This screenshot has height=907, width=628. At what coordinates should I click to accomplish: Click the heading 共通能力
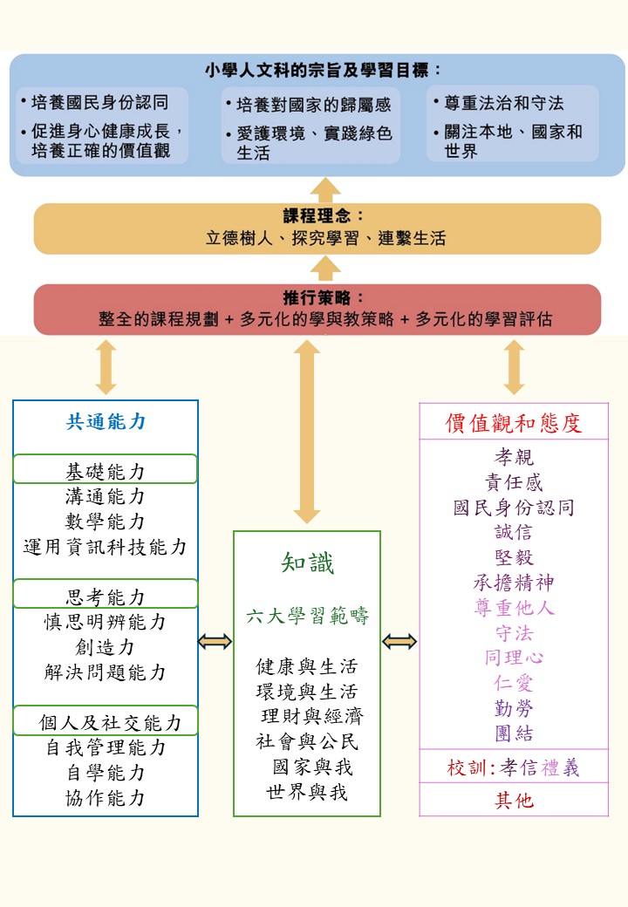click(106, 422)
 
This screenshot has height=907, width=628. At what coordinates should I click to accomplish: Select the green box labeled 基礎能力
click(106, 471)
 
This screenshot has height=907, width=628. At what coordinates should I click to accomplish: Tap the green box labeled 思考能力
click(106, 597)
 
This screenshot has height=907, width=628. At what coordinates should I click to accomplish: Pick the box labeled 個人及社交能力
click(106, 722)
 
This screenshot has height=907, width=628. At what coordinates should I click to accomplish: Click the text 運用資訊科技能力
click(106, 547)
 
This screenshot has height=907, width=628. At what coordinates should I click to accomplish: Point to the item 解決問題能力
click(106, 672)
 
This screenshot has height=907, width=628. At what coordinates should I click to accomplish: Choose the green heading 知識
click(307, 563)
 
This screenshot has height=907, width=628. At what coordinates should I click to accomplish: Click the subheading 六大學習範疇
click(307, 617)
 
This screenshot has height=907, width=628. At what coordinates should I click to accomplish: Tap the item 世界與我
click(307, 793)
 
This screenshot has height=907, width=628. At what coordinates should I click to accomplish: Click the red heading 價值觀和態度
click(514, 424)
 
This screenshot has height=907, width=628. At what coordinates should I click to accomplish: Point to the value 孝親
click(514, 457)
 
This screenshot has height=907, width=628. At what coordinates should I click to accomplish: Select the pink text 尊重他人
click(514, 608)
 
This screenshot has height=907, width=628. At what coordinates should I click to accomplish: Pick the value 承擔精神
click(514, 583)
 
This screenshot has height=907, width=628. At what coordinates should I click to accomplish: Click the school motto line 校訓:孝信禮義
click(514, 767)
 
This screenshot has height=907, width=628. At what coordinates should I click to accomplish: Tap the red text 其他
click(514, 800)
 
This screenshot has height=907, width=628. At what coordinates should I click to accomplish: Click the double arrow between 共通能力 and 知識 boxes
click(215, 642)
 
